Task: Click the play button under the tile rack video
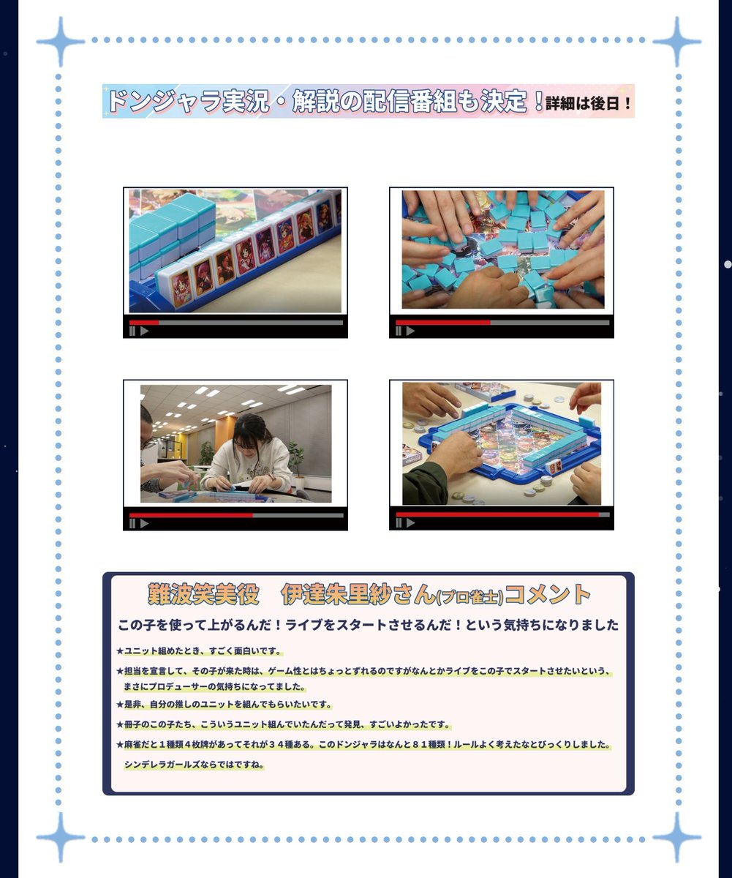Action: point(144,331)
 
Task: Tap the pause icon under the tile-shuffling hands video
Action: point(399,331)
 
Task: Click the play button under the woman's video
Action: point(144,524)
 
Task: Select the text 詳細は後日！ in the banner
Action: point(588,103)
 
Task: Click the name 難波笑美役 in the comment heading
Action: point(203,595)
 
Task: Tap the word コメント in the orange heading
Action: point(548,595)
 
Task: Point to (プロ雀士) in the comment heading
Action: point(469,597)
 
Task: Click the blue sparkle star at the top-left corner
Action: point(61,41)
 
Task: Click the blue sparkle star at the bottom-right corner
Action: point(677,837)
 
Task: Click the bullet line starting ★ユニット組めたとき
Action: point(199,651)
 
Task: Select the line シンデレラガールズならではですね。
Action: point(194,765)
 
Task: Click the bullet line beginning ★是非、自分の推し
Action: point(224,705)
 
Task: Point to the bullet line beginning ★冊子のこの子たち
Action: point(284,724)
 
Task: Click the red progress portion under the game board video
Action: point(497,514)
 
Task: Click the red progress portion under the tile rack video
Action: point(144,323)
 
